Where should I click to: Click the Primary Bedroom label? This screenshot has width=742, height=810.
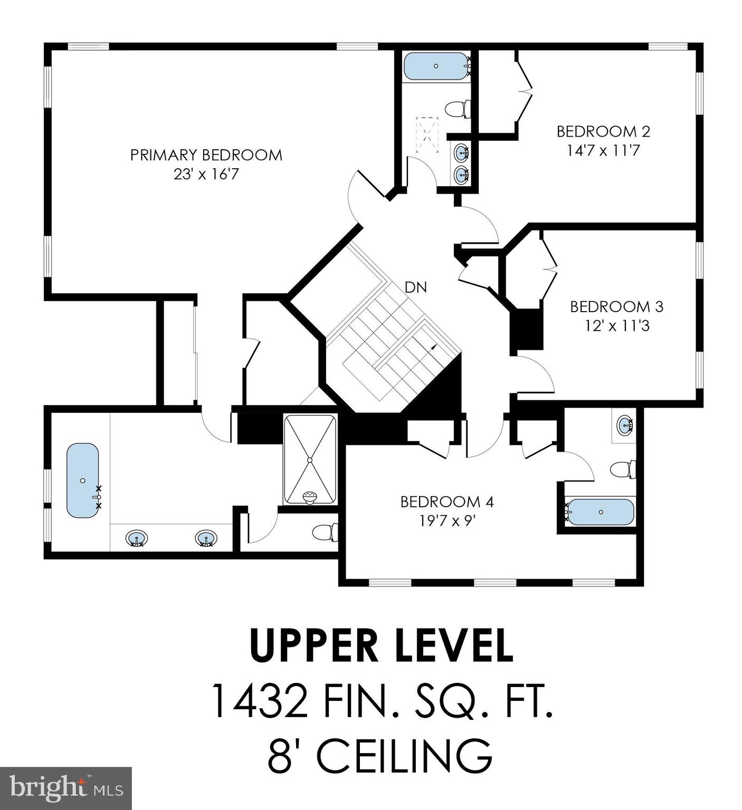206,155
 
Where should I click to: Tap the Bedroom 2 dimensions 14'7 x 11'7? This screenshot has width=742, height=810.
603,151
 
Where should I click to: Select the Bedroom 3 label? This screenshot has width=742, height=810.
617,306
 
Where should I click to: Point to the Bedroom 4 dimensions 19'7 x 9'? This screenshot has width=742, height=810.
448,521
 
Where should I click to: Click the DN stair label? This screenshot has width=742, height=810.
415,287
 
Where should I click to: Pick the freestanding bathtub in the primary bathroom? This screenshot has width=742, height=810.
83,480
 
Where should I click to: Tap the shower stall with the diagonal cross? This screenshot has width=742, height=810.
310,460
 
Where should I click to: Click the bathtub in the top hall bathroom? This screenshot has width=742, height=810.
436,66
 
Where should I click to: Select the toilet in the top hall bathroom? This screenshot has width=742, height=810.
457,110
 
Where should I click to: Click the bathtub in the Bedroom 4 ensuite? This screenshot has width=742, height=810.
600,512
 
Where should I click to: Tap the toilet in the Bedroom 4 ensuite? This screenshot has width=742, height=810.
623,469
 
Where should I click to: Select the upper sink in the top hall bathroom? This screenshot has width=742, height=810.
462,153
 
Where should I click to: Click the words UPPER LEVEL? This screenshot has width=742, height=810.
381,644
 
